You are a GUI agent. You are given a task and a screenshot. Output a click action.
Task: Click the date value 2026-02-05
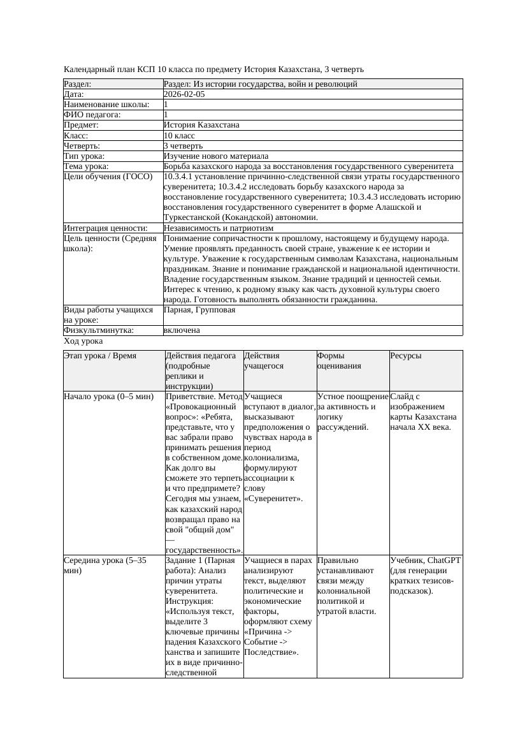[184, 94]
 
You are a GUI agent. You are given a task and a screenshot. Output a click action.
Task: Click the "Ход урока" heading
[83, 341]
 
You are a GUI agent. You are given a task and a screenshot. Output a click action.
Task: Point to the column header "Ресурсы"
[405, 356]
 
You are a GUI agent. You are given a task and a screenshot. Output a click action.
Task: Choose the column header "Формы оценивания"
[339, 361]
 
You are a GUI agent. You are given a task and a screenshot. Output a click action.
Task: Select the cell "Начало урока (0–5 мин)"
[109, 397]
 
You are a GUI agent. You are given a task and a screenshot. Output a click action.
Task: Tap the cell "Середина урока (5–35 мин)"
[105, 566]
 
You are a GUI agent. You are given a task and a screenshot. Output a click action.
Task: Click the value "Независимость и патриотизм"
[219, 228]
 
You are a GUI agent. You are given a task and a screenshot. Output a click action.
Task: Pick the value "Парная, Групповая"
[199, 310]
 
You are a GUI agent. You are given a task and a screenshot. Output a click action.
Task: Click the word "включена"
[182, 330]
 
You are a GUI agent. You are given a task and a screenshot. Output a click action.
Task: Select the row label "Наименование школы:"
[106, 105]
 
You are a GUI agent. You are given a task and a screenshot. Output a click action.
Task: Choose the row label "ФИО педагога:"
[92, 115]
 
